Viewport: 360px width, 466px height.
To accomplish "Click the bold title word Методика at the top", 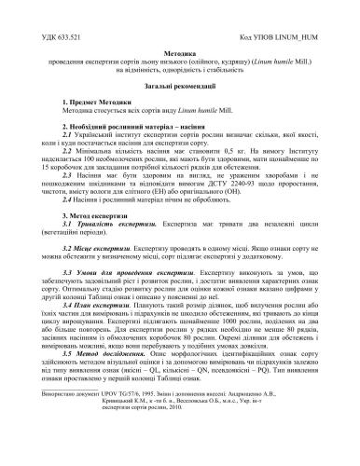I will coord(179,55).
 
